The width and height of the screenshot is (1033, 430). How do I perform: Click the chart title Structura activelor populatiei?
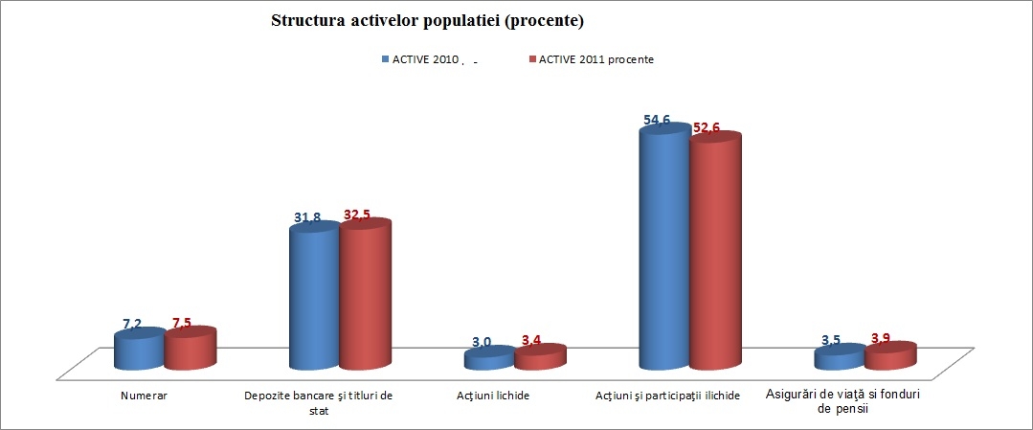[428, 19]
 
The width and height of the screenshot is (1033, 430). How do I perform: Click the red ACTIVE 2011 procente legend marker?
[531, 59]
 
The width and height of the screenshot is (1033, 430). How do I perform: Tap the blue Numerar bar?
[138, 351]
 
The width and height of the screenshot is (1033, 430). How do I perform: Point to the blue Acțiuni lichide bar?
[489, 359]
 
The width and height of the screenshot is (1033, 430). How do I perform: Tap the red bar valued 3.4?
[540, 358]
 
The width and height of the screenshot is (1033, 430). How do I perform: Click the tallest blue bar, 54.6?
[664, 249]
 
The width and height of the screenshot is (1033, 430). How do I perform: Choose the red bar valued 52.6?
[715, 254]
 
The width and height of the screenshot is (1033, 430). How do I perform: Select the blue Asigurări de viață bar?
[840, 358]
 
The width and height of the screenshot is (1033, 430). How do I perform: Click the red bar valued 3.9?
[890, 356]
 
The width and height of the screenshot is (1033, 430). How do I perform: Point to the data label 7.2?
[132, 325]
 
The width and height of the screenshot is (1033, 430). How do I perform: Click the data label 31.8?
[307, 217]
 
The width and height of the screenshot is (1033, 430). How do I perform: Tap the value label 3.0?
[482, 342]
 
